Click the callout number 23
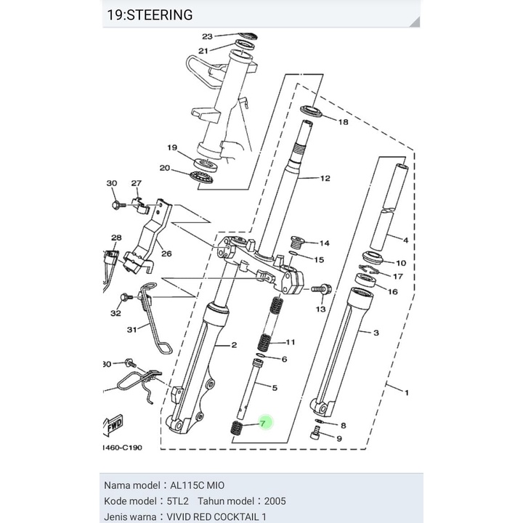click(x=207, y=36)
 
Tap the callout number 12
click(x=325, y=178)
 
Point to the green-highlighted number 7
click(x=264, y=422)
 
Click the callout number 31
click(x=131, y=329)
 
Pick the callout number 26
click(x=166, y=254)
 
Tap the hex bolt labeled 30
click(x=115, y=206)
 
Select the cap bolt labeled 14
click(x=297, y=242)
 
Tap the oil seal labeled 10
click(x=375, y=259)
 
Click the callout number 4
click(x=405, y=239)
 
